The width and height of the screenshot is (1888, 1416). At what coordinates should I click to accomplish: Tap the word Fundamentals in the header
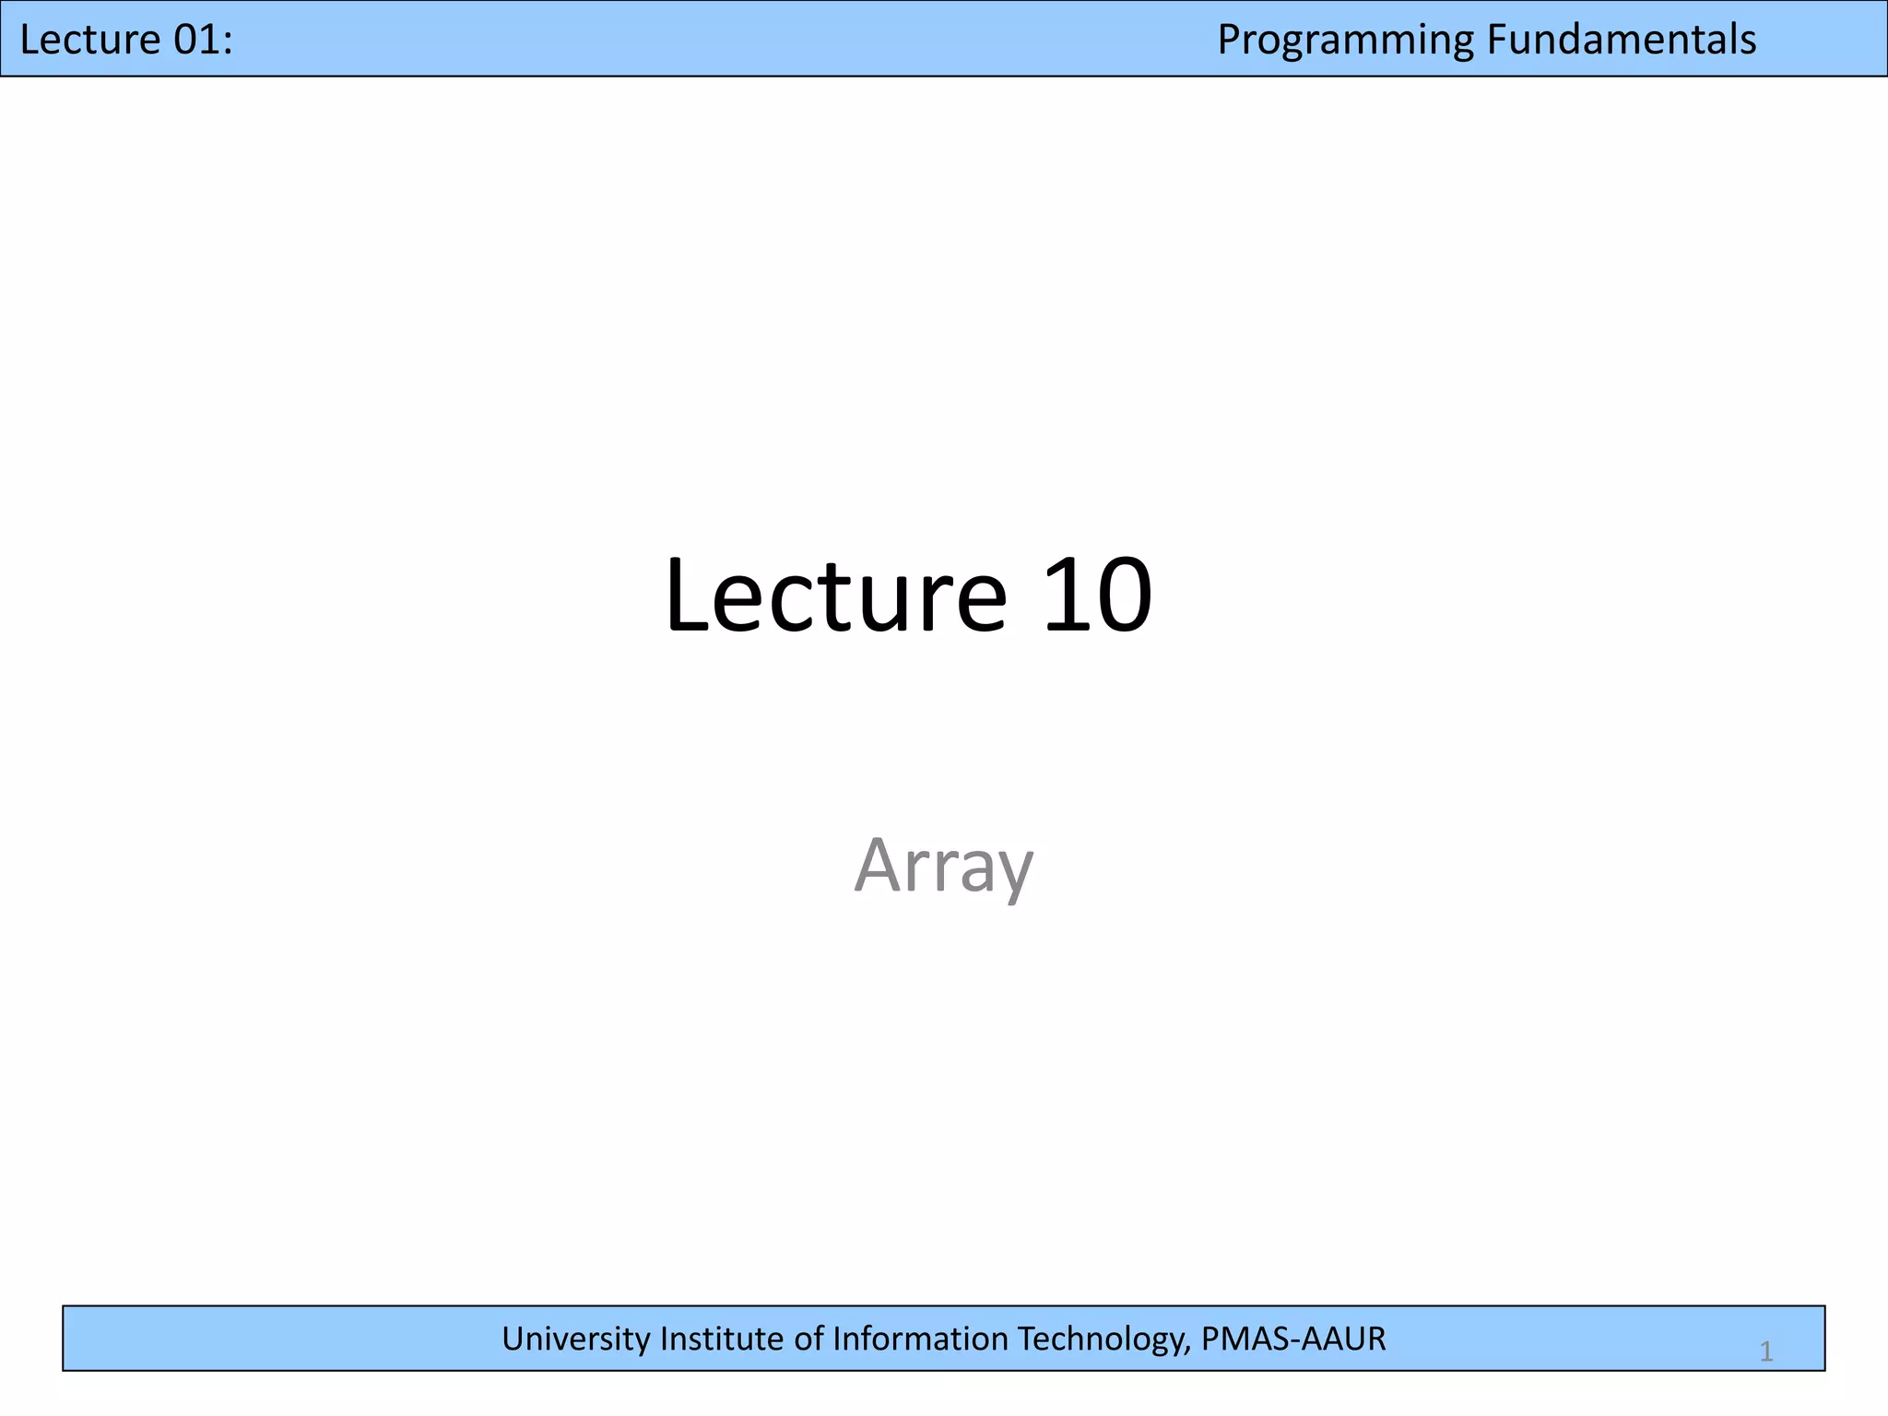(1622, 40)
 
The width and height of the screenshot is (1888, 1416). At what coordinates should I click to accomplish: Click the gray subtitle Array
(944, 865)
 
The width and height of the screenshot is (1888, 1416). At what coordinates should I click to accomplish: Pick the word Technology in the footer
(1103, 1339)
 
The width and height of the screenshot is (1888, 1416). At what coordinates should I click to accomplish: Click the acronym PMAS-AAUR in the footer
(1292, 1339)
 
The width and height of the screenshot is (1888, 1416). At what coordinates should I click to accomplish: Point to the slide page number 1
(1766, 1352)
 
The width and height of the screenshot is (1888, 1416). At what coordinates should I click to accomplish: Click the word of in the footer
(809, 1339)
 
